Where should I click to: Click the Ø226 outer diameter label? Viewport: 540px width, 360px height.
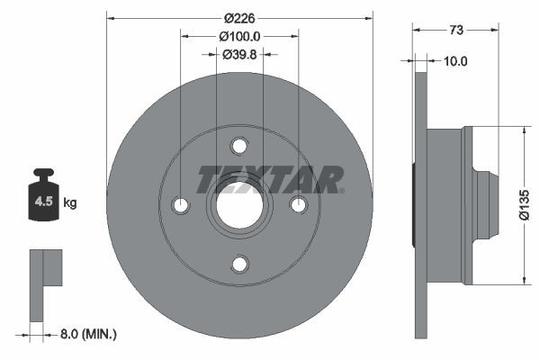pyautogui.click(x=239, y=16)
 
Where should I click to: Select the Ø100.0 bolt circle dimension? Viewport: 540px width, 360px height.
pyautogui.click(x=239, y=36)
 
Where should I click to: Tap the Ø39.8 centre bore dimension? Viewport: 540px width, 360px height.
pyautogui.click(x=239, y=55)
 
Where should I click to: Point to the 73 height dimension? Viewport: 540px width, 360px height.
pyautogui.click(x=456, y=30)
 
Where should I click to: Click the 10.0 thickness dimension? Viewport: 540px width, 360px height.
pyautogui.click(x=456, y=61)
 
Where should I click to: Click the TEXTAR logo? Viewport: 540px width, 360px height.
pyautogui.click(x=271, y=179)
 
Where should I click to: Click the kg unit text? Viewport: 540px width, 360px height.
pyautogui.click(x=70, y=203)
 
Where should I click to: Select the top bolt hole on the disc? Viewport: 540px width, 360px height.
pyautogui.click(x=239, y=146)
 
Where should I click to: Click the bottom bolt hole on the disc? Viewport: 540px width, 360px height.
pyautogui.click(x=239, y=264)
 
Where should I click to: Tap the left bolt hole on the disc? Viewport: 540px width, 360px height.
pyautogui.click(x=181, y=205)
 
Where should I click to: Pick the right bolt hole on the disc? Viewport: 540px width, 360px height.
pyautogui.click(x=298, y=205)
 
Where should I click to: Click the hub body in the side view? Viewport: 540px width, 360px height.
pyautogui.click(x=445, y=205)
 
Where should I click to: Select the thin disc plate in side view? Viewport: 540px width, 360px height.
pyautogui.click(x=419, y=205)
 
